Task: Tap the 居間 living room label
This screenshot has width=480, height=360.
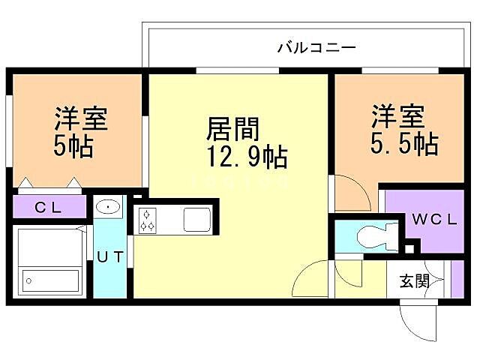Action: [x=232, y=130]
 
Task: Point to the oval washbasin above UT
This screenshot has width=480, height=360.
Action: [x=109, y=206]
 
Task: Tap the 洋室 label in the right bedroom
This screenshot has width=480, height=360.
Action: [x=397, y=116]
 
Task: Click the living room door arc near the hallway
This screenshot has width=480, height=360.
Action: [x=310, y=281]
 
